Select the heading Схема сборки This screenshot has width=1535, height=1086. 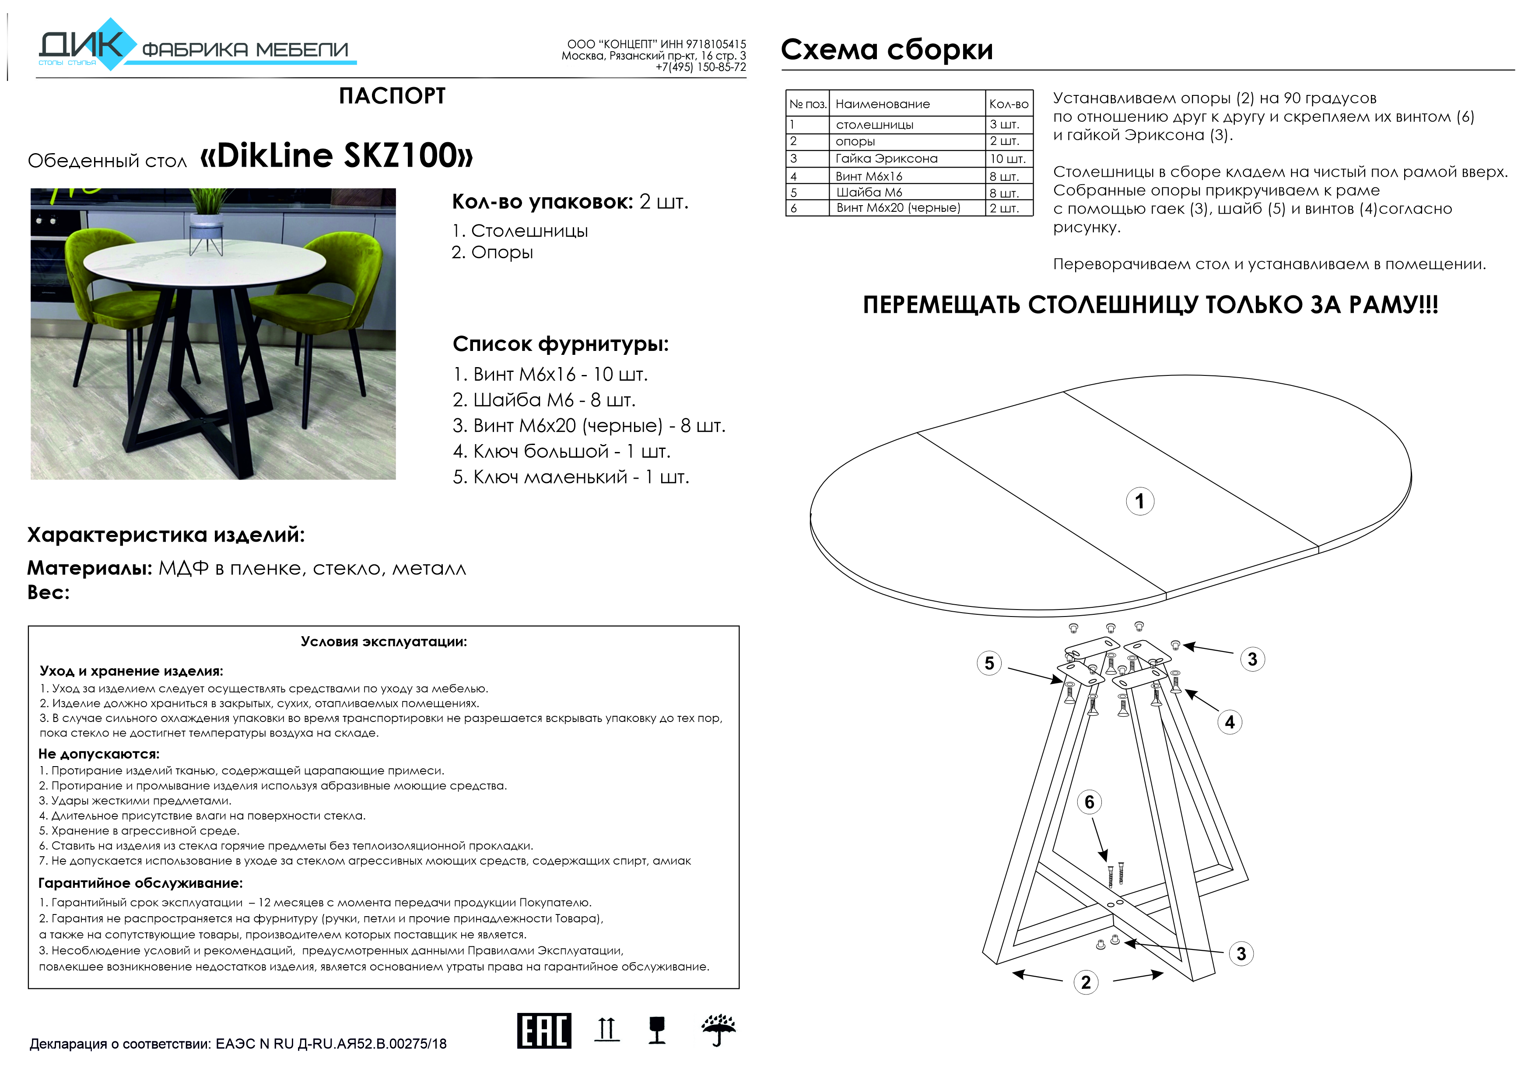887,49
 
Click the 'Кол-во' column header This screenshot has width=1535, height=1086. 1008,104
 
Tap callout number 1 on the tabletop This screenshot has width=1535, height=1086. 1140,501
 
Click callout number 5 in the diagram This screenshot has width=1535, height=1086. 989,663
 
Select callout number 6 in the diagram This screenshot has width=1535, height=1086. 1089,802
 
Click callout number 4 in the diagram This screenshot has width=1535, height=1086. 1230,722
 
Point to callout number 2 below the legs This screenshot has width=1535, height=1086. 1086,982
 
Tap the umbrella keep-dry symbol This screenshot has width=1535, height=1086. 718,1030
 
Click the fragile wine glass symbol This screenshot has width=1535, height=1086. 657,1030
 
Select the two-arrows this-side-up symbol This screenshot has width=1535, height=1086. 606,1029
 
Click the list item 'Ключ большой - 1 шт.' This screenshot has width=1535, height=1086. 561,452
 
